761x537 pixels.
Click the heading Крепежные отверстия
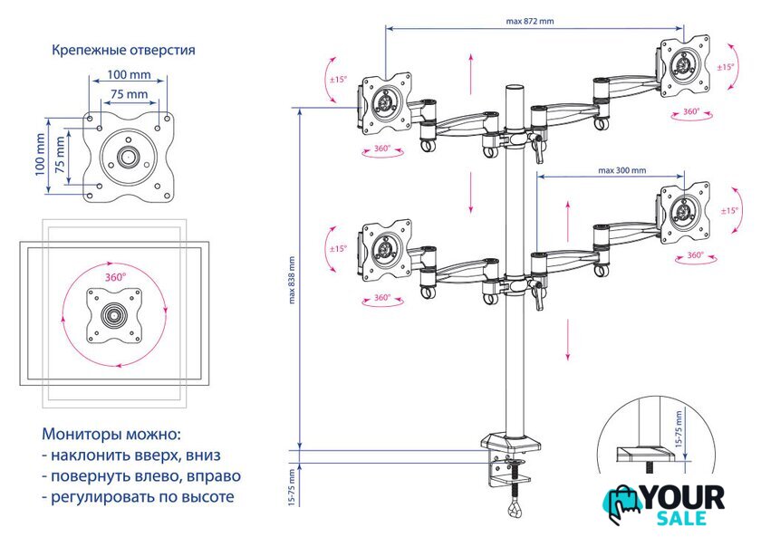pyautogui.click(x=123, y=50)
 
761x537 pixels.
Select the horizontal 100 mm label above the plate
pyautogui.click(x=129, y=74)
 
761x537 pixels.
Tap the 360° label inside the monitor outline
pyautogui.click(x=115, y=276)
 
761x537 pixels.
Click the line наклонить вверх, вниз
pyautogui.click(x=131, y=455)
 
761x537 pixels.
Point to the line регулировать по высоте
pyautogui.click(x=138, y=496)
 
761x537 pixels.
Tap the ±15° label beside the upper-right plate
pyautogui.click(x=727, y=67)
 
